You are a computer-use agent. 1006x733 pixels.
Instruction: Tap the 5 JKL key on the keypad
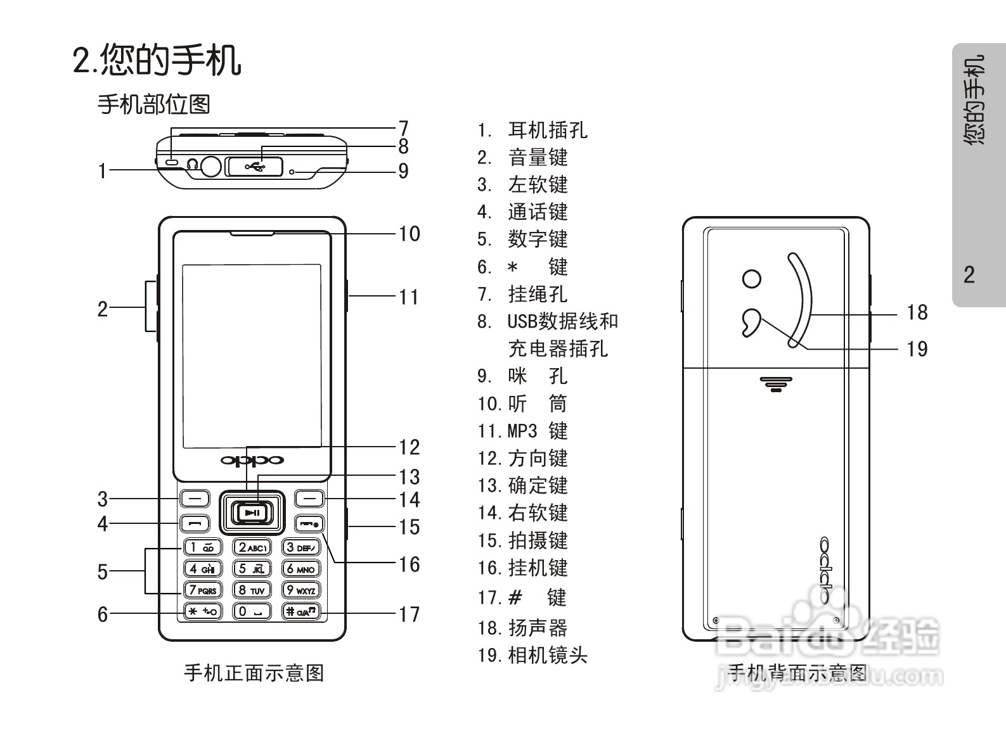[252, 568]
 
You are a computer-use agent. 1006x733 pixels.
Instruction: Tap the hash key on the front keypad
[301, 611]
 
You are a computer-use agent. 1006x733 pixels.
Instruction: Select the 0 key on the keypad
[252, 611]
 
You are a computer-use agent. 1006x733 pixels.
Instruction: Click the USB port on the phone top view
[254, 167]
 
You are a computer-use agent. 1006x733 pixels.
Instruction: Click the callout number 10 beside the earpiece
[409, 234]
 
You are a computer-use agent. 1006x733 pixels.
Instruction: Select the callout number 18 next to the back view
[917, 312]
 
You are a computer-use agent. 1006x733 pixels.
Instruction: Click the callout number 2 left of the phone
[103, 309]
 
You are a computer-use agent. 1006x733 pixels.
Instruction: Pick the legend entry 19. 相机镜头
[532, 655]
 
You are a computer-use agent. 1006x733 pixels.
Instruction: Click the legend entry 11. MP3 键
[522, 431]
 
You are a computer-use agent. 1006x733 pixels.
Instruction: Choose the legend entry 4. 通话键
[522, 212]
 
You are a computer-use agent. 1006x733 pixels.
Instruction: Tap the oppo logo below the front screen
[252, 460]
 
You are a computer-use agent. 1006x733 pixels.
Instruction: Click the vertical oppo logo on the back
[824, 571]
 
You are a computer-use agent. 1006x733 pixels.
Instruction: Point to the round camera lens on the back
[752, 278]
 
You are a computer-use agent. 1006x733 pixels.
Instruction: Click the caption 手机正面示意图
[254, 672]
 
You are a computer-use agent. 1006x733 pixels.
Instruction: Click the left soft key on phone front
[195, 499]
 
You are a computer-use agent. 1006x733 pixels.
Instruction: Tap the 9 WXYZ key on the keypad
[301, 590]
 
